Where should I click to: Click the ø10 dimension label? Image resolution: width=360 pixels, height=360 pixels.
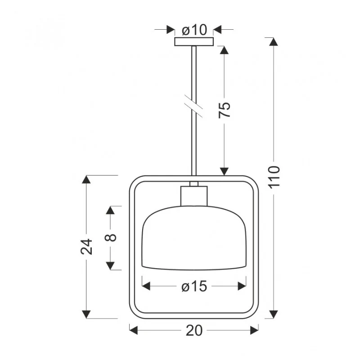[x=194, y=30]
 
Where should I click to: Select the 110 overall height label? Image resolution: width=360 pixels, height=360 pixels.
[x=274, y=177]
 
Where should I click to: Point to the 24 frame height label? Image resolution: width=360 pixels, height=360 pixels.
[x=86, y=247]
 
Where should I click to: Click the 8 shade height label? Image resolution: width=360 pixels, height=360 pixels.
[x=110, y=238]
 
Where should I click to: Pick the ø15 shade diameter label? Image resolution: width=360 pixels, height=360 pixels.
[x=194, y=287]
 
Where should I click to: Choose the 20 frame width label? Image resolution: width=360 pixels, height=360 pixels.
[x=194, y=331]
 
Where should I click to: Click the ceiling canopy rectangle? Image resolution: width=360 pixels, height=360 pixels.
[x=194, y=41]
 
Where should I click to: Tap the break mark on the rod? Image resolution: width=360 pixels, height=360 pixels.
[x=193, y=106]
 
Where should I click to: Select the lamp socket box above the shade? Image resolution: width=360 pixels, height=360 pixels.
[x=194, y=196]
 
